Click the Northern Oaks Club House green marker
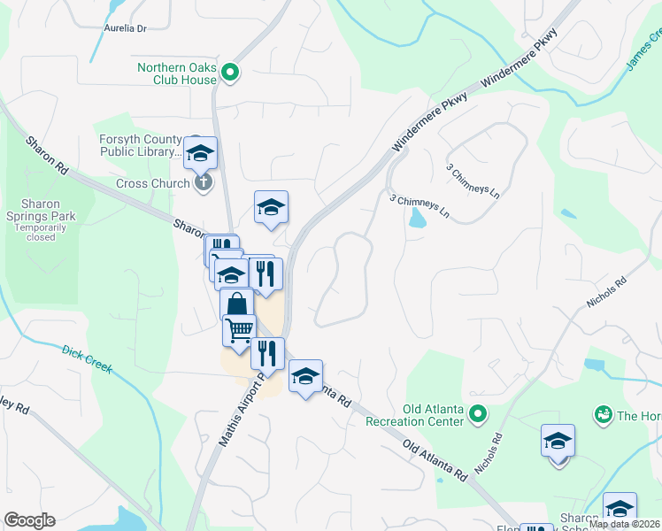tap(231, 73)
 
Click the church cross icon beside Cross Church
tap(203, 183)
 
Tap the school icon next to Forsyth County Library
tap(201, 154)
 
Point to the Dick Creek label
tap(87, 358)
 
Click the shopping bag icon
tap(236, 304)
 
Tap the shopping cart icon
tap(239, 331)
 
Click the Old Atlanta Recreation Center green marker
tap(478, 413)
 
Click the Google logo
tap(30, 520)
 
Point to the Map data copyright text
tap(625, 524)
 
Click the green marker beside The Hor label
tap(604, 414)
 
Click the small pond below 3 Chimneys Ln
tap(415, 219)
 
